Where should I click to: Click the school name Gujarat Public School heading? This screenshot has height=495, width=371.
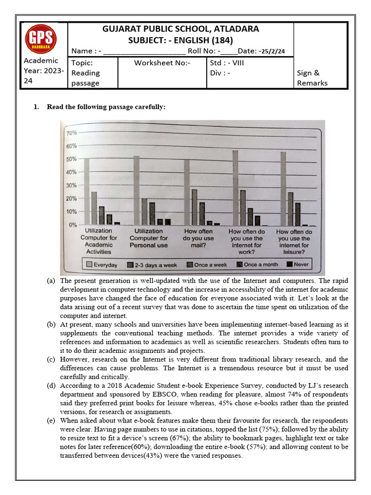coord(181,29)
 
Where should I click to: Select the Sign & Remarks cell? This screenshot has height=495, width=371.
coord(312,78)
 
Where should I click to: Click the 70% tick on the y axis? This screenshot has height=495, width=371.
coord(71,133)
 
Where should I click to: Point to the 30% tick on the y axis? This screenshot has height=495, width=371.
coord(71,186)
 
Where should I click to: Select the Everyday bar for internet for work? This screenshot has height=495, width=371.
coord(235,188)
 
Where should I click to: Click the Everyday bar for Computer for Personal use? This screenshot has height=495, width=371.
coord(136,190)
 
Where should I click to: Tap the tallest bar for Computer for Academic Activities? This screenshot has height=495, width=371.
coord(87,192)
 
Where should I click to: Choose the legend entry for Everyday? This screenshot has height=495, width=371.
coord(101,264)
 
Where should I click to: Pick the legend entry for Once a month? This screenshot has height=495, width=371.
coord(257,264)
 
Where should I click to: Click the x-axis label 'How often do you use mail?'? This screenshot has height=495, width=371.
coord(198,238)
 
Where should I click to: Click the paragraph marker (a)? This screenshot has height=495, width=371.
coord(51,281)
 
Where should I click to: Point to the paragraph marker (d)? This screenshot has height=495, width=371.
coord(51,386)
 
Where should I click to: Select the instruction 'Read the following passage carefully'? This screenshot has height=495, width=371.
coord(106,107)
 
